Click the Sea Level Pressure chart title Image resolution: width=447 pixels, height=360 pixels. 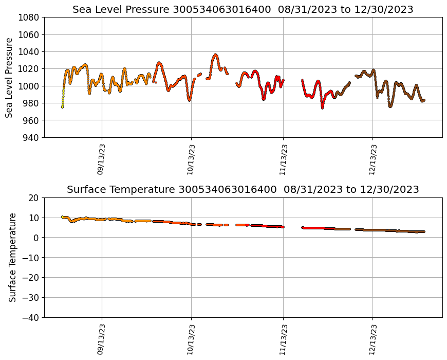click(243, 10)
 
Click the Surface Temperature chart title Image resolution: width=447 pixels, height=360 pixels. click(243, 190)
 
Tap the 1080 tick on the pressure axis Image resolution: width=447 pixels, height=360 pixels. click(29, 17)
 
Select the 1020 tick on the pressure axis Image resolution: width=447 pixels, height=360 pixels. click(29, 69)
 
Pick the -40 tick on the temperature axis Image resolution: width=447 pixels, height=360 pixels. click(31, 317)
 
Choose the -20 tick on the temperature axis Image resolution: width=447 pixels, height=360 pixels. click(31, 277)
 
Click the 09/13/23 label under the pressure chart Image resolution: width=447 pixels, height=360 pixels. click(101, 159)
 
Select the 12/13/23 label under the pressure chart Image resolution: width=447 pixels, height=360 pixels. click(373, 159)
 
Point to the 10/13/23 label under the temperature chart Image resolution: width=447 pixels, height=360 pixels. click(191, 339)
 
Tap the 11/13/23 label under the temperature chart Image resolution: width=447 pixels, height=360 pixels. click(283, 339)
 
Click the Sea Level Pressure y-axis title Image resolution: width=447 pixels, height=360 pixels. click(10, 77)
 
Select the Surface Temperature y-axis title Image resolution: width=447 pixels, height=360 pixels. click(12, 257)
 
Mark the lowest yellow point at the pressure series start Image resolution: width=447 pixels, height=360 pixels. click(62, 107)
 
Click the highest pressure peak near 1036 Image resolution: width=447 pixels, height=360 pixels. click(215, 55)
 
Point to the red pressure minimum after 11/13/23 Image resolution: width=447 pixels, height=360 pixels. click(322, 107)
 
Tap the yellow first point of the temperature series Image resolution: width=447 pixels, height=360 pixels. click(62, 217)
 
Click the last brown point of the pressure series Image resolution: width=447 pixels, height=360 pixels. click(424, 100)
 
